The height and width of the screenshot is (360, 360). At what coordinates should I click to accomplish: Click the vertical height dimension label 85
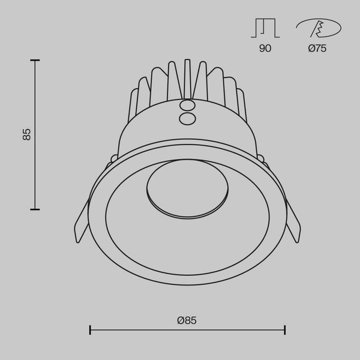coord(26,134)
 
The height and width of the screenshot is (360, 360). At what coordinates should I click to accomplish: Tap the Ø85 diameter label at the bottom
coord(187,320)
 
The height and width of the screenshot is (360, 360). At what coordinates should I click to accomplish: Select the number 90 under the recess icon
coord(265,49)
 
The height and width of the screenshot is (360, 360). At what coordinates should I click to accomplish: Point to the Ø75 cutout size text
coord(317,49)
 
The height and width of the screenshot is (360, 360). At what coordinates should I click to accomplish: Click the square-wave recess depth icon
coord(265,28)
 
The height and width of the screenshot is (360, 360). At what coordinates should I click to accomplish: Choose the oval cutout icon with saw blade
coord(318,28)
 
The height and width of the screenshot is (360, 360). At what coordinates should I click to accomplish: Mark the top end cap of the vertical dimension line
coord(35,60)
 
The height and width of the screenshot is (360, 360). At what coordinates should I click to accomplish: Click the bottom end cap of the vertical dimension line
coord(35,209)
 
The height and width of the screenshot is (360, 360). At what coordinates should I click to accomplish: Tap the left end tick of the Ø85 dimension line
coord(90,329)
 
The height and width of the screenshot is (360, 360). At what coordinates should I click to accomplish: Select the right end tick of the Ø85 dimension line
coord(285,329)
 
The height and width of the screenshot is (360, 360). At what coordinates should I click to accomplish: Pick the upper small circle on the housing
coord(187,106)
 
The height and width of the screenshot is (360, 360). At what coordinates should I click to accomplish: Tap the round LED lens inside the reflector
coord(187,189)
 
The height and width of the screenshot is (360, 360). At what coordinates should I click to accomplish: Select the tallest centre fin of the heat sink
coord(187,78)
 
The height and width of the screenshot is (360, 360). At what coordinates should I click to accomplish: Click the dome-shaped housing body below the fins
coord(150,129)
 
